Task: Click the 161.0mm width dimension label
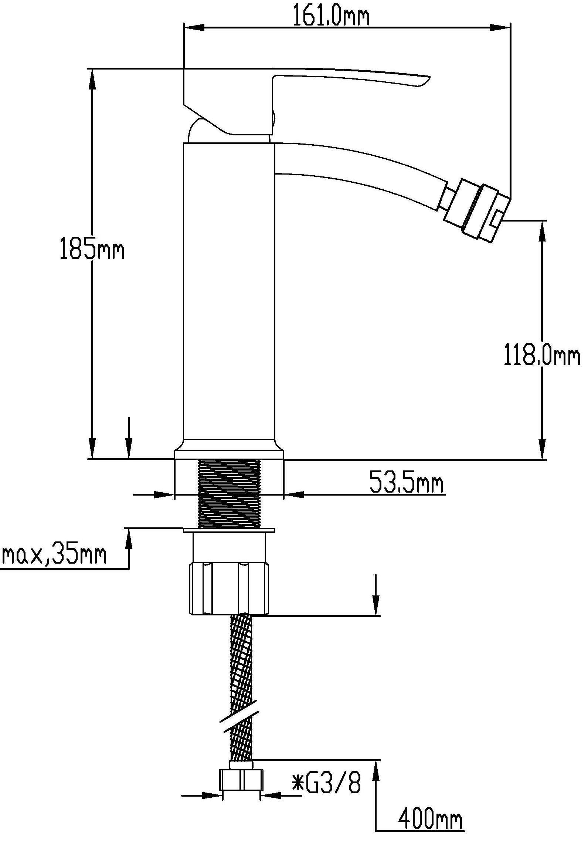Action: click(331, 16)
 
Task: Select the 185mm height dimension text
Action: click(92, 250)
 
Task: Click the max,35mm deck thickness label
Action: click(54, 554)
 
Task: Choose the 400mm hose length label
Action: click(430, 819)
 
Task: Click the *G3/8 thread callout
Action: click(326, 783)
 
